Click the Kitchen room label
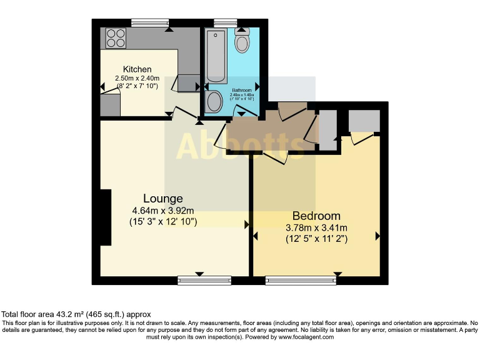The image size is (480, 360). pyautogui.click(x=137, y=69)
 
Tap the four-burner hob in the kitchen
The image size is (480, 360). pyautogui.click(x=115, y=38)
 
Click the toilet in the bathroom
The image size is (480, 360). pyautogui.click(x=242, y=41)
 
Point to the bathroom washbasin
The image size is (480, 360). pyautogui.click(x=214, y=101)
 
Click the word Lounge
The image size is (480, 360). pyautogui.click(x=162, y=199)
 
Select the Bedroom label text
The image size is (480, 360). pyautogui.click(x=316, y=216)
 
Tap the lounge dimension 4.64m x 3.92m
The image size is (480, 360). pyautogui.click(x=162, y=211)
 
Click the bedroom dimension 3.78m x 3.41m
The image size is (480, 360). pyautogui.click(x=316, y=227)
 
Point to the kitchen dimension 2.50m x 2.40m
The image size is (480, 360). pyautogui.click(x=137, y=78)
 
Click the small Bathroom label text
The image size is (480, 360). pyautogui.click(x=242, y=90)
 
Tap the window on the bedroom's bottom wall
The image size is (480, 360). pyautogui.click(x=301, y=281)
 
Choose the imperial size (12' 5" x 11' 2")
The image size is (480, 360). pyautogui.click(x=316, y=238)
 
